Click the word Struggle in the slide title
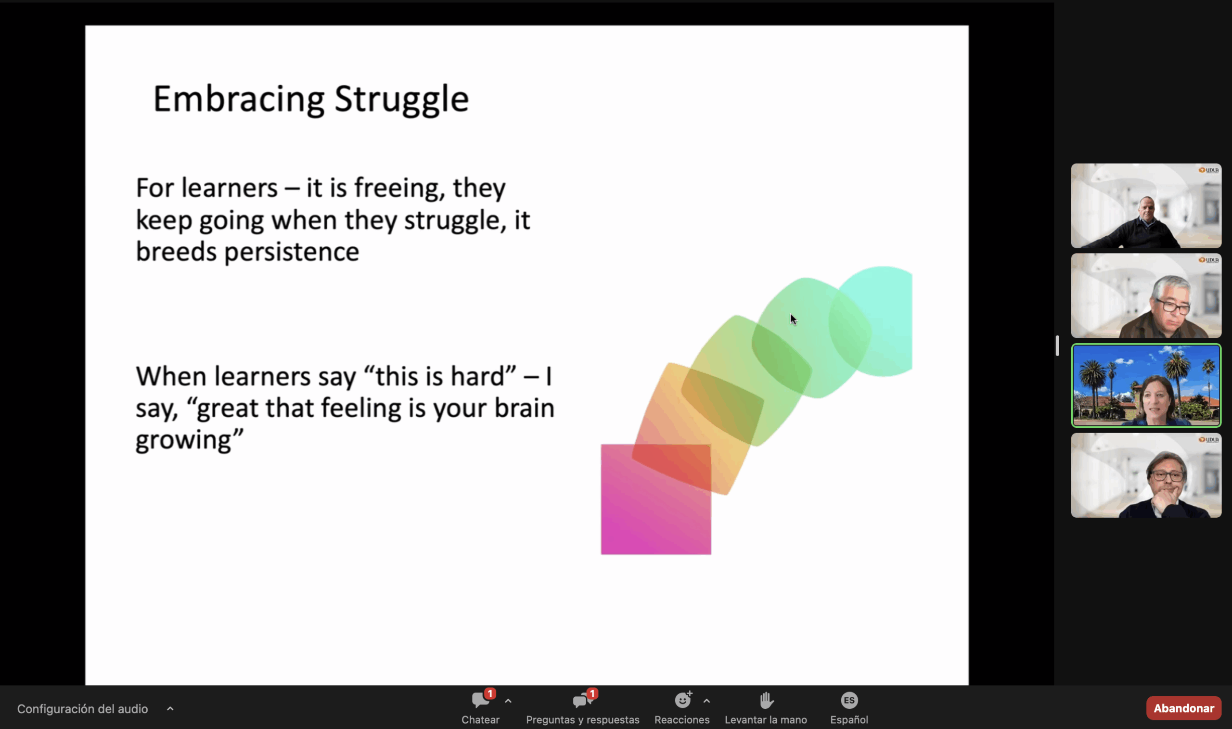pos(401,100)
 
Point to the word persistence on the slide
pos(292,253)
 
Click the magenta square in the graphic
pos(656,499)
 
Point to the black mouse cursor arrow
pos(793,320)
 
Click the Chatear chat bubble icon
pos(480,701)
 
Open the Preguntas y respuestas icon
pos(583,701)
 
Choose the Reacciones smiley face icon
pos(682,700)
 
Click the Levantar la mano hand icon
pos(766,700)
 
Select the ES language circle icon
pos(849,700)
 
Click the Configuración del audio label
pos(82,709)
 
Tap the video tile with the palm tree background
pos(1146,385)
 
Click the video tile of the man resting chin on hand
pos(1146,475)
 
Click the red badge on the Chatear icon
pos(490,693)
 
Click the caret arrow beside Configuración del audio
pos(170,708)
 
